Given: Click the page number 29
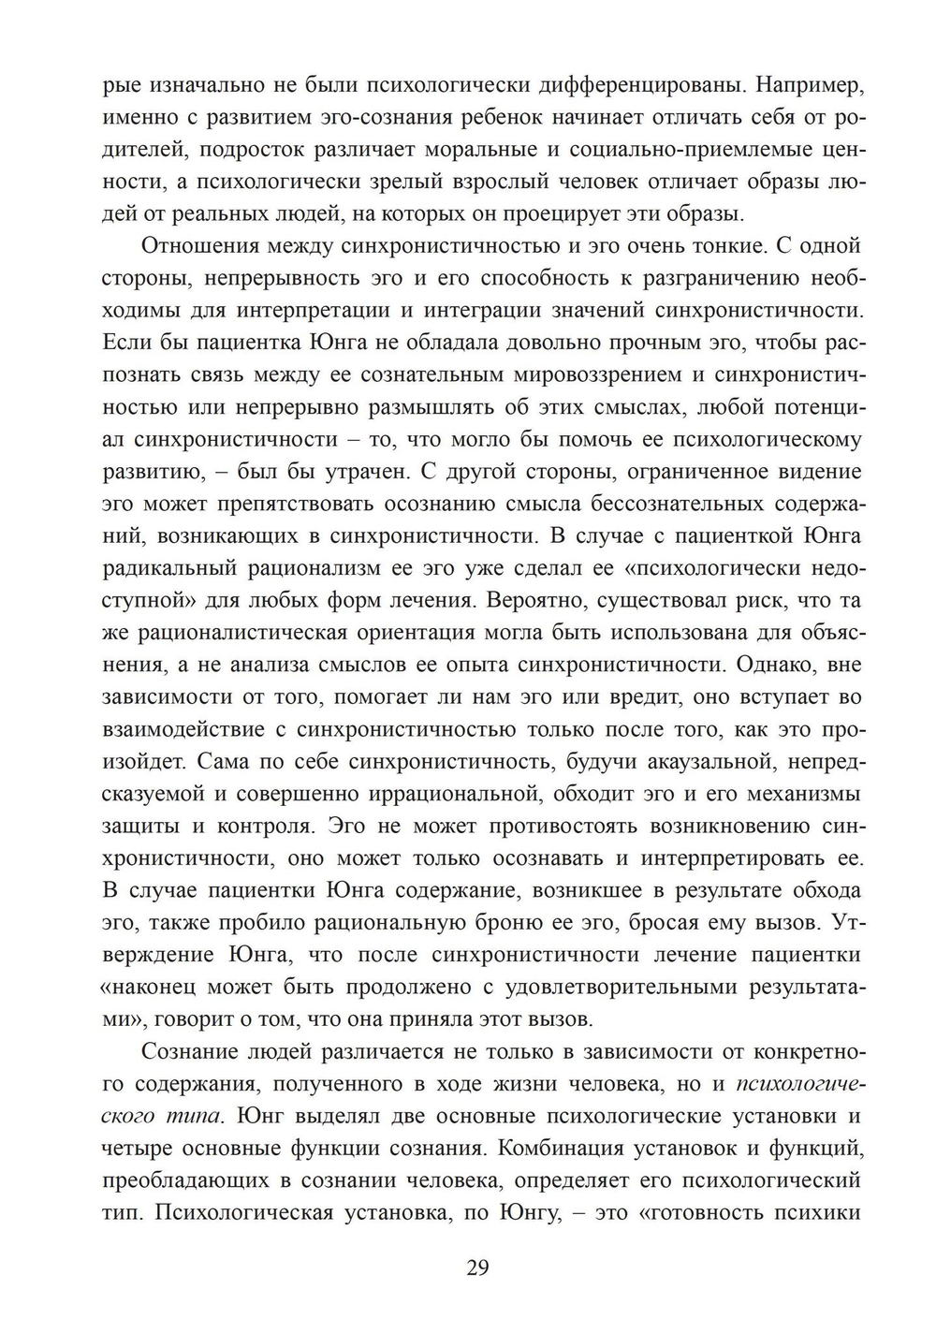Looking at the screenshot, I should pyautogui.click(x=476, y=1268).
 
